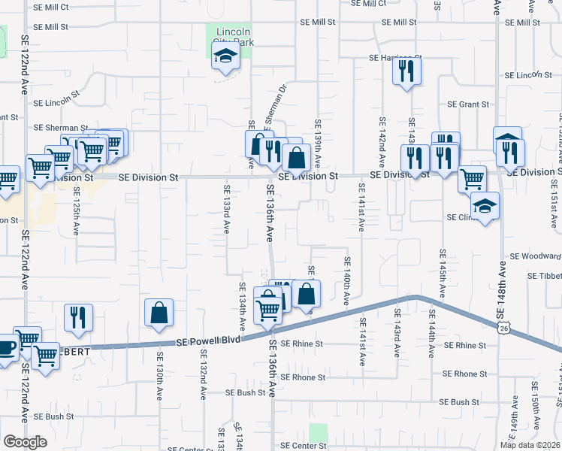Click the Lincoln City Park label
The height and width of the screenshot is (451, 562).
point(234,37)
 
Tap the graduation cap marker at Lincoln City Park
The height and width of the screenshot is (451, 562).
point(225,56)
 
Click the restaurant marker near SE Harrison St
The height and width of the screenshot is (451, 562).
point(406,71)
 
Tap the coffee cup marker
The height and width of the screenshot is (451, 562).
point(5,348)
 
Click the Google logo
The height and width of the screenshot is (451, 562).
point(25,441)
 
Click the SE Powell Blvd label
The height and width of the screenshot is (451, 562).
point(209,341)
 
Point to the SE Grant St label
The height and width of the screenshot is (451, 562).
point(468,104)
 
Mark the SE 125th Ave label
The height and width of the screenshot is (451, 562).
point(76,215)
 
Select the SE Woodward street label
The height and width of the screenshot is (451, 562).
point(535,256)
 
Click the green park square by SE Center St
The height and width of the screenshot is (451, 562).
point(319,433)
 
